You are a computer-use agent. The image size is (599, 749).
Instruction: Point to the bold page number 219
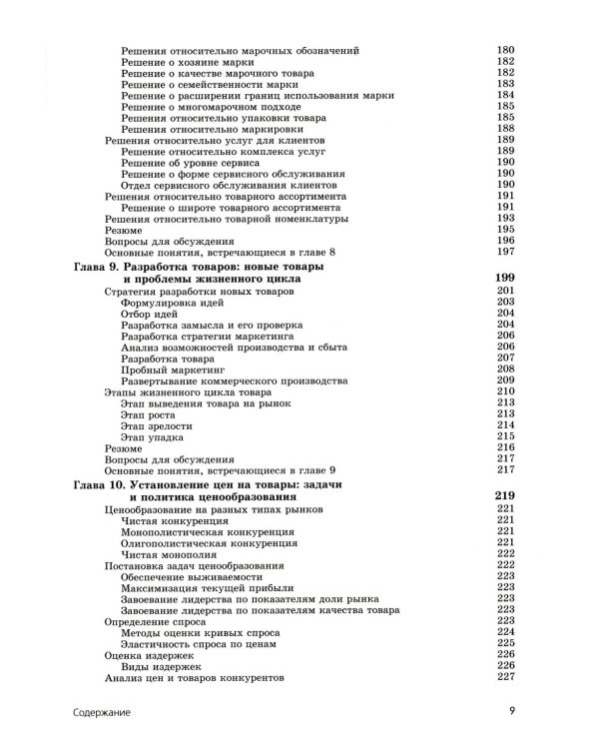pos(504,496)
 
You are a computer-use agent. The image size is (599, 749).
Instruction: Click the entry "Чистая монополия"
pos(164,553)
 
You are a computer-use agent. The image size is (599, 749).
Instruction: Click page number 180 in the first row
pos(504,50)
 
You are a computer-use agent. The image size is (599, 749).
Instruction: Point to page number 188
pos(504,129)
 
